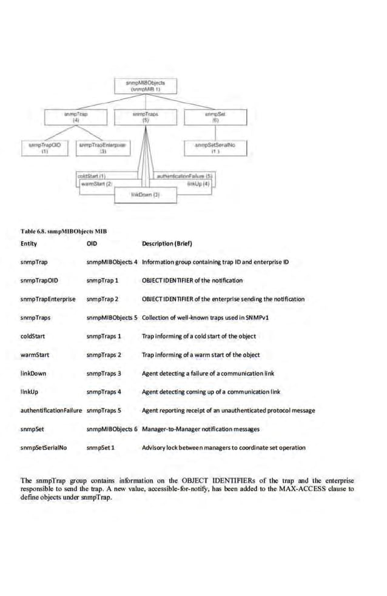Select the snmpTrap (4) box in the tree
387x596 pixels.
click(76, 116)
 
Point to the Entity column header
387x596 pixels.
click(29, 244)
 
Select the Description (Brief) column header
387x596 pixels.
click(167, 244)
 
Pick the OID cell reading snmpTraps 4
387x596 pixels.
click(104, 392)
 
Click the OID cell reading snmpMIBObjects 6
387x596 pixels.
click(112, 429)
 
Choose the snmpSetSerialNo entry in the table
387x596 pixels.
click(43, 448)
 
